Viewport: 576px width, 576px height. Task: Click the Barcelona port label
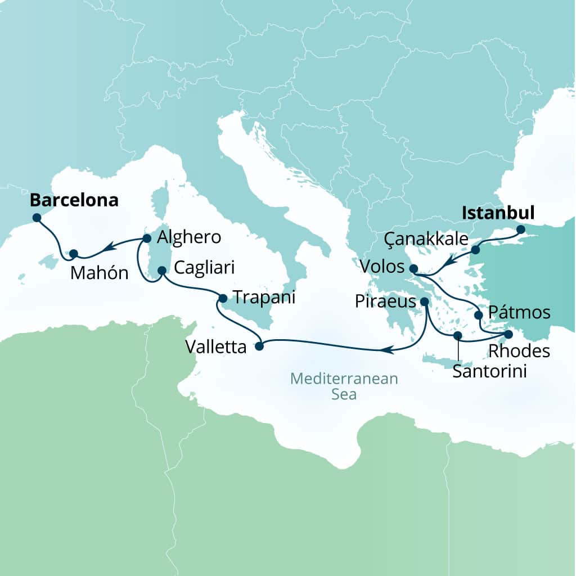coord(74,201)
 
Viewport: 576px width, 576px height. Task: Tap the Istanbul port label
coord(498,213)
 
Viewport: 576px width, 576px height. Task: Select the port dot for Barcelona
coord(37,217)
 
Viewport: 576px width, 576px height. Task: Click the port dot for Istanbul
coord(520,229)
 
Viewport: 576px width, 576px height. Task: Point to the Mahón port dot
coord(73,254)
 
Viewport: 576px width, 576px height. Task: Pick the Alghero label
coord(189,237)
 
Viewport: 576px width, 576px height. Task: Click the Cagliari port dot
coord(161,271)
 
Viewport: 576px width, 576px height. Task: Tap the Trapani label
coord(264,298)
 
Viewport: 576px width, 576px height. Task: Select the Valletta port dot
coord(259,346)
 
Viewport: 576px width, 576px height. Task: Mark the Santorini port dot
coord(458,336)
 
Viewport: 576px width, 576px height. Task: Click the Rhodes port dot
coord(508,335)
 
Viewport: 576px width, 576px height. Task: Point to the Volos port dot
coord(414,268)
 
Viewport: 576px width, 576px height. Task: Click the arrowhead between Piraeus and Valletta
coord(385,350)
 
